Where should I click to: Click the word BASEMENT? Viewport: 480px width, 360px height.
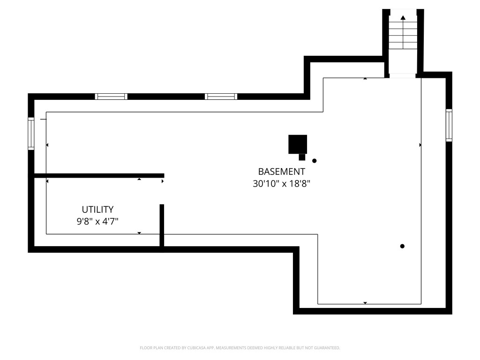click(281, 172)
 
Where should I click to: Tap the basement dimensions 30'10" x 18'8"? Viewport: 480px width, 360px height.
click(281, 184)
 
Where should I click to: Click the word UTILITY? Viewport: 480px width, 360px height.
click(97, 210)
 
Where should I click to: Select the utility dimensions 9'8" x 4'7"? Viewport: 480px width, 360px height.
click(97, 221)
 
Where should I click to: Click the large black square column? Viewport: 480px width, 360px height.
click(298, 144)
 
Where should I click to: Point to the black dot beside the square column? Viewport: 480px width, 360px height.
click(314, 161)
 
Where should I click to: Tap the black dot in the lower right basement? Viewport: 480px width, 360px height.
click(402, 246)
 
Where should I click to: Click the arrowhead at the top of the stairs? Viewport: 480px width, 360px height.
click(403, 18)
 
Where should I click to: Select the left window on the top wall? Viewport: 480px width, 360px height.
click(111, 97)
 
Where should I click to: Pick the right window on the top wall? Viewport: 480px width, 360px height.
click(221, 97)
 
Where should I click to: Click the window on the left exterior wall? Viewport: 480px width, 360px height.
click(31, 134)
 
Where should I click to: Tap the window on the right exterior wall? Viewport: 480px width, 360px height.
click(449, 125)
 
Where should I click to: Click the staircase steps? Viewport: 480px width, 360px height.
click(403, 32)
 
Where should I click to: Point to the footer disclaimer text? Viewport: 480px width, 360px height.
click(240, 348)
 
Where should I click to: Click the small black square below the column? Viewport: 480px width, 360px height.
click(302, 157)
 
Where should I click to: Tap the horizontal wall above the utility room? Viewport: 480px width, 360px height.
click(99, 176)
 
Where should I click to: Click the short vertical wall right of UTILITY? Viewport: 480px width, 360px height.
click(162, 225)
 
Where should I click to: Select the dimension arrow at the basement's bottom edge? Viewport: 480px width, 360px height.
click(365, 303)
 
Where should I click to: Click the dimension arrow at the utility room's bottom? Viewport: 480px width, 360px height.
click(139, 233)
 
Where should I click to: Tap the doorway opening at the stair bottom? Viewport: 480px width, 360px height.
click(402, 75)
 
